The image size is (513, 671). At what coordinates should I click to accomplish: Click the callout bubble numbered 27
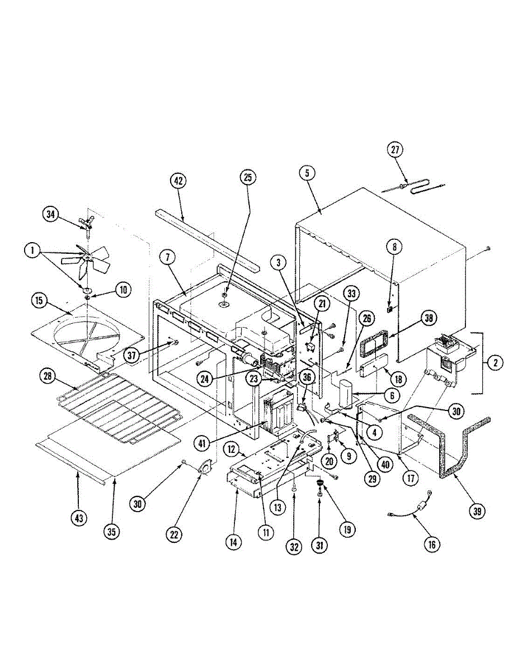point(396,150)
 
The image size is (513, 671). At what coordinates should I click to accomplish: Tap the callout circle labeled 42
point(178,182)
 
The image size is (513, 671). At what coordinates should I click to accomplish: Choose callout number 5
point(307,174)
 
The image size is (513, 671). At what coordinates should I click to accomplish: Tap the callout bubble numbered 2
point(494,363)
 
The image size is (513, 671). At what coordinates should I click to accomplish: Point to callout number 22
point(175,535)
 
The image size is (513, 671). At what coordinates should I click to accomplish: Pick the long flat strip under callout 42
point(206,238)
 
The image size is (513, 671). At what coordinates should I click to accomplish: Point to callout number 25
point(247,177)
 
